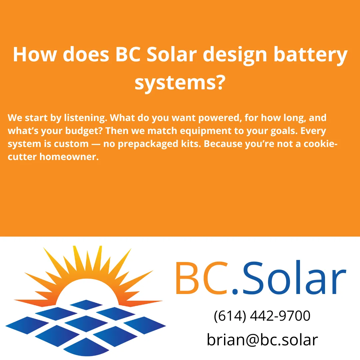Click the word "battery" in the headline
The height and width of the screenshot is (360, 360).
click(x=310, y=55)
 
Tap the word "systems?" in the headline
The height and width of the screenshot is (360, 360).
click(x=179, y=82)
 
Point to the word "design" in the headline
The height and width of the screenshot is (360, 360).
click(x=235, y=55)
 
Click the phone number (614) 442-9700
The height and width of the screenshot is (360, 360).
click(x=262, y=316)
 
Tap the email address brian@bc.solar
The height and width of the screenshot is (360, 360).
click(x=262, y=340)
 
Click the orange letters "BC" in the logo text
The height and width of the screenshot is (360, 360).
click(x=201, y=279)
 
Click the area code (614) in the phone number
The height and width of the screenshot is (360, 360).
click(x=229, y=316)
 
